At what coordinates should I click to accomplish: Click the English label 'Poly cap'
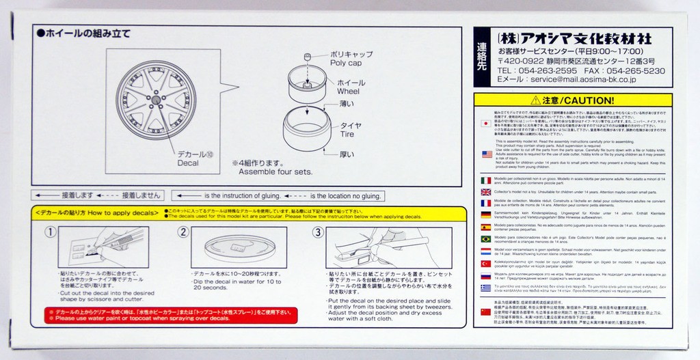tap(345, 61)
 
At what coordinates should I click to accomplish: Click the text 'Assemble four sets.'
tap(272, 172)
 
